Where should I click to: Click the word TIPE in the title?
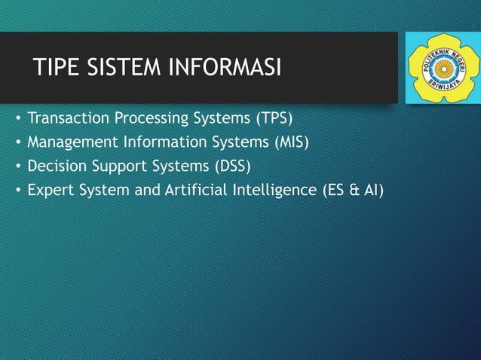[57, 70]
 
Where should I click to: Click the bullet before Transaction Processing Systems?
[15, 119]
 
